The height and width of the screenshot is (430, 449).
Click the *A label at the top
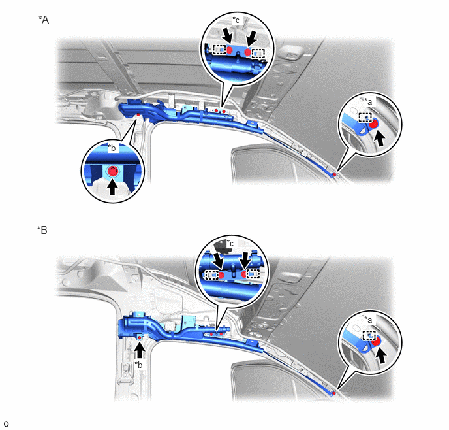pyautogui.click(x=44, y=20)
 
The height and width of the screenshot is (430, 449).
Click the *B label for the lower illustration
pyautogui.click(x=42, y=230)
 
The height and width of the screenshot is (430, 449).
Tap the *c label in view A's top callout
pyautogui.click(x=236, y=20)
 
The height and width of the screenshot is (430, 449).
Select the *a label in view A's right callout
pyautogui.click(x=368, y=101)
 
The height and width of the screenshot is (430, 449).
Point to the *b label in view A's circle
pyautogui.click(x=112, y=148)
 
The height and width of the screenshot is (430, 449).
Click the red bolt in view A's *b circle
pyautogui.click(x=112, y=171)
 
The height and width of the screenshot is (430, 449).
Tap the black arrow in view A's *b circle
pyautogui.click(x=112, y=187)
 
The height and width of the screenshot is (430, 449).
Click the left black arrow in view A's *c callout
pyautogui.click(x=228, y=37)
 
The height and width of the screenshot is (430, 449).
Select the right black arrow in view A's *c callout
pyautogui.click(x=253, y=39)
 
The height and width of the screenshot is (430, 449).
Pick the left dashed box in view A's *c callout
pyautogui.click(x=219, y=51)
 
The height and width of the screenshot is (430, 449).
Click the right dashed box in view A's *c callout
pyautogui.click(x=258, y=54)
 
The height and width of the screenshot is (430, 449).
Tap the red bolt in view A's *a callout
pyautogui.click(x=374, y=124)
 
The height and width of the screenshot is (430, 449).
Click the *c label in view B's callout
pyautogui.click(x=230, y=243)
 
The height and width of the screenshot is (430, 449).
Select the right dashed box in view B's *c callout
pyautogui.click(x=253, y=274)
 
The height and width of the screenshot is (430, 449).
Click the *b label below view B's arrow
pyautogui.click(x=138, y=365)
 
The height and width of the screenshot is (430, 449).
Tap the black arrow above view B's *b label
pyautogui.click(x=140, y=349)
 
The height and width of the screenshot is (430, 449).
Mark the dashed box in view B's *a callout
pyautogui.click(x=369, y=335)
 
